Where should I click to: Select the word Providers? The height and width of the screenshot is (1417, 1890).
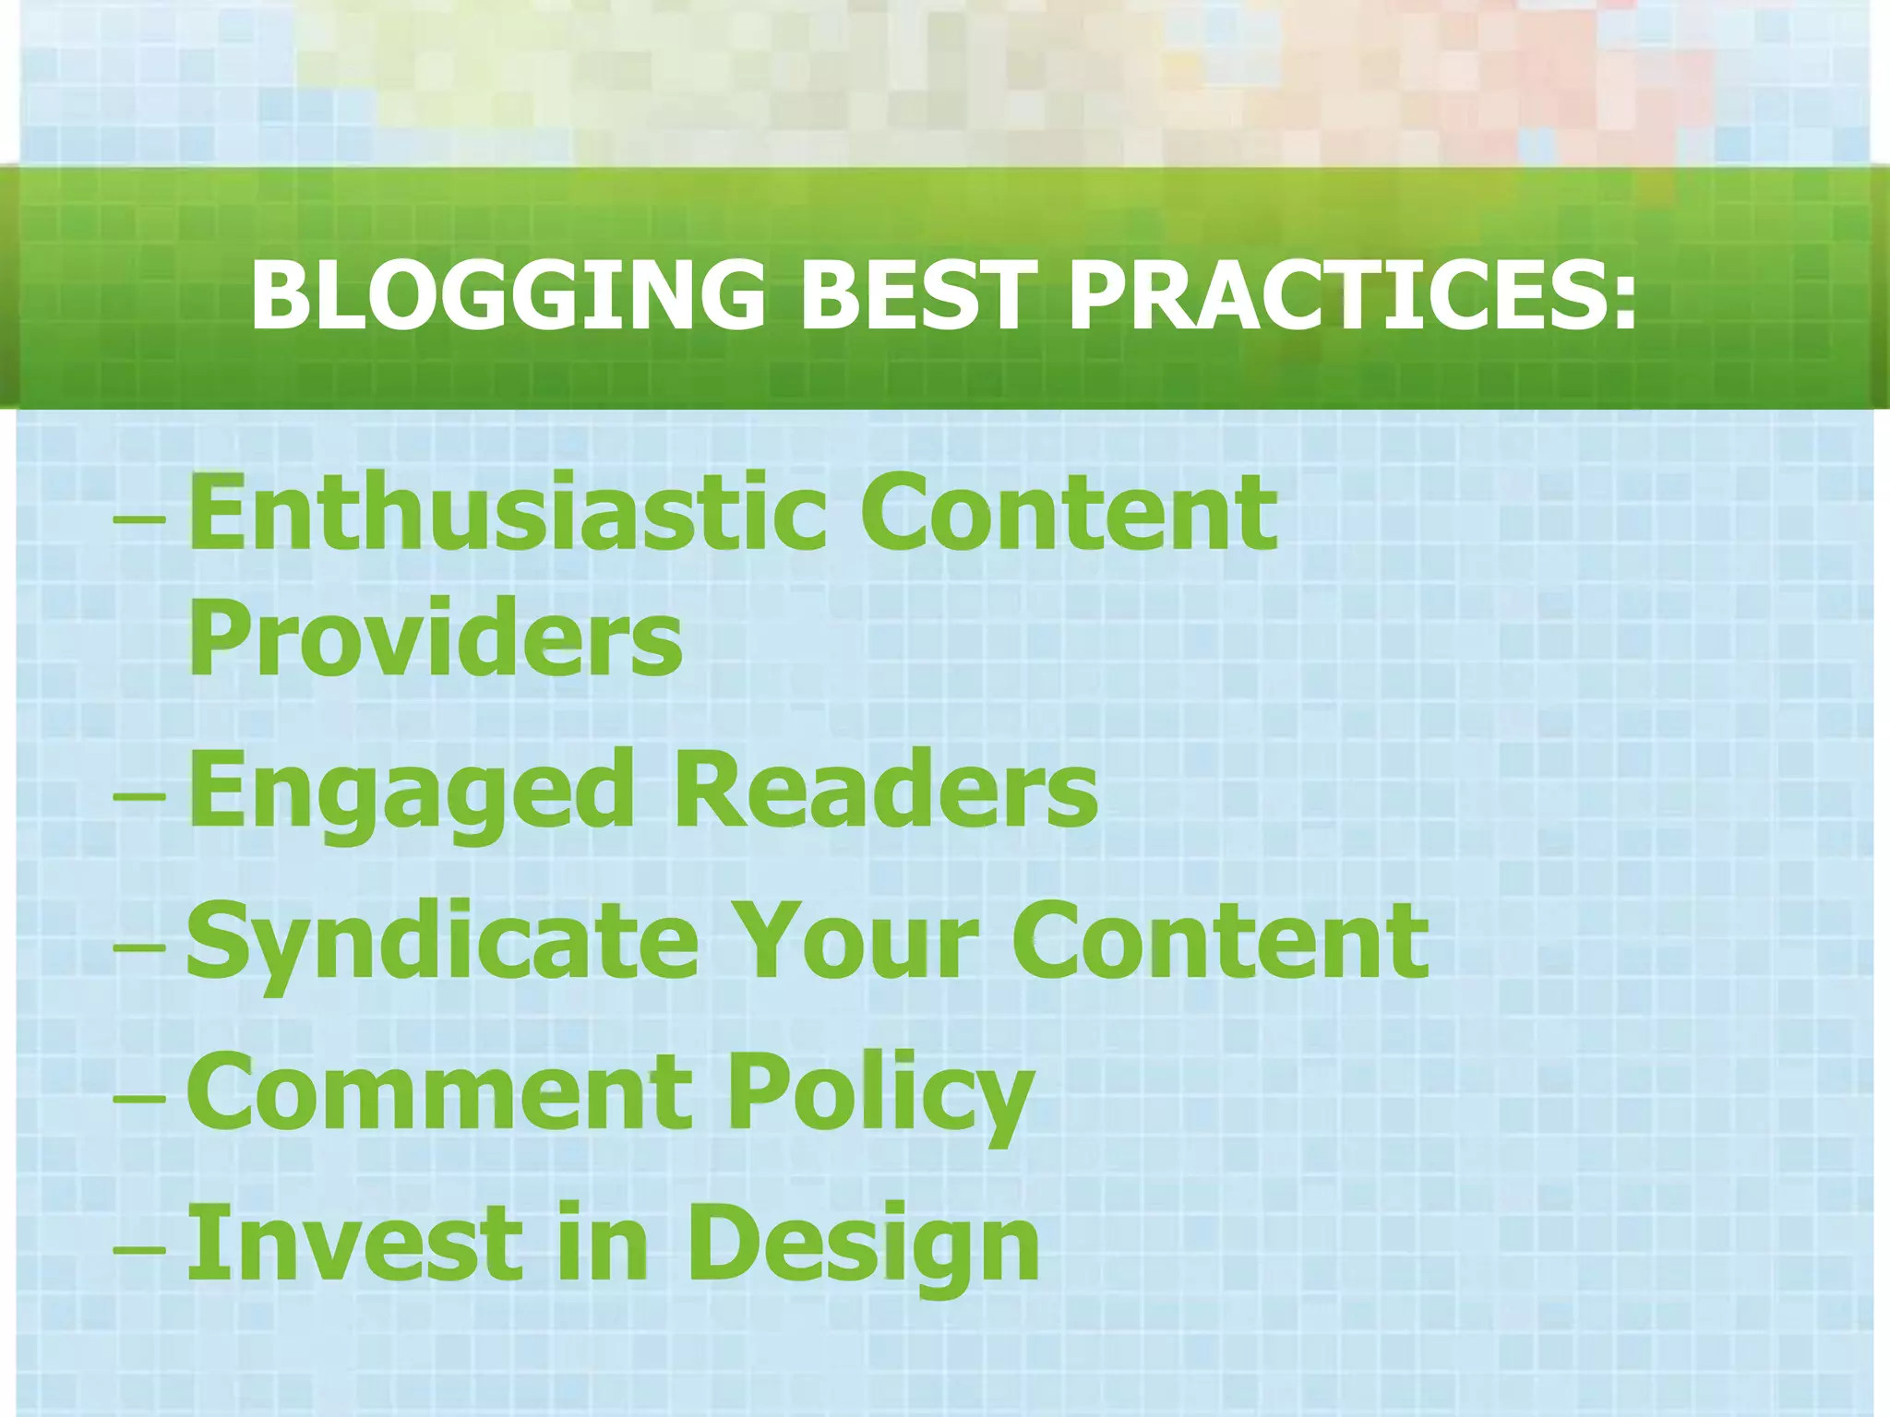click(435, 637)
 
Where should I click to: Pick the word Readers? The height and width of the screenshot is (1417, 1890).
click(887, 789)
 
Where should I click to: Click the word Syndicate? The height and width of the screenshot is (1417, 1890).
click(442, 942)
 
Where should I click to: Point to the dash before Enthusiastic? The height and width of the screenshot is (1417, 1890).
click(139, 521)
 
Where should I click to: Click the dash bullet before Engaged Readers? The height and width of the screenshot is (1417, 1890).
click(139, 797)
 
